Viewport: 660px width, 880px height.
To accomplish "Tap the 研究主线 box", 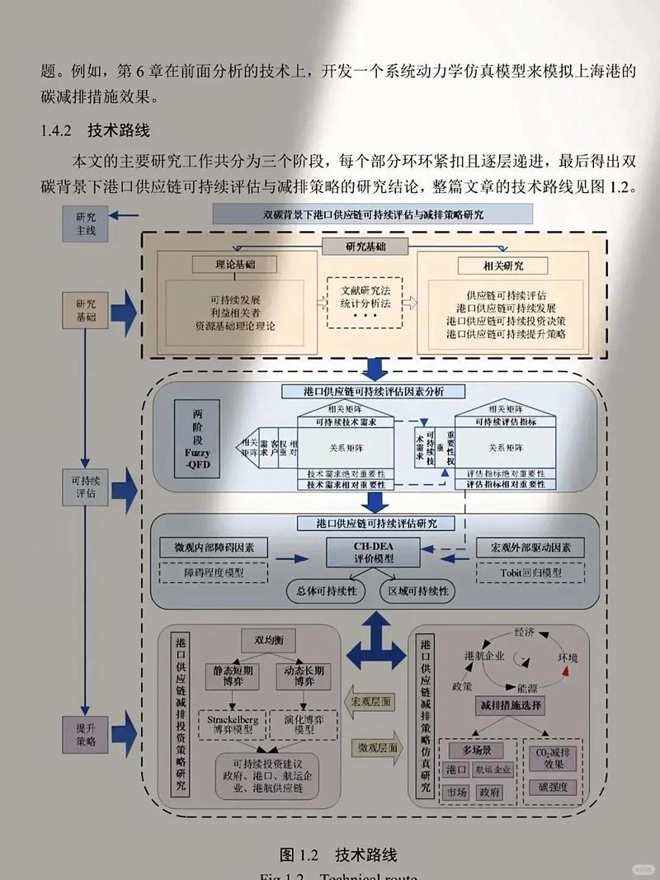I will tap(86, 224).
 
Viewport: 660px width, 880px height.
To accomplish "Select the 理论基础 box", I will tap(234, 265).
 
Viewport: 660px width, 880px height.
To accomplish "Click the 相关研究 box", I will tap(502, 266).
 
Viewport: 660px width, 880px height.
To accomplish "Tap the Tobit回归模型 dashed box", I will tap(530, 572).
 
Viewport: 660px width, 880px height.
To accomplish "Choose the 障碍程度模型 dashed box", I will tap(214, 572).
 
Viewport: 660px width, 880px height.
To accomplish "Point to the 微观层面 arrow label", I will tap(377, 748).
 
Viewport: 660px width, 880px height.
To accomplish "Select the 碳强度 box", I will tap(553, 787).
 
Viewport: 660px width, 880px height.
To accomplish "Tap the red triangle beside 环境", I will tap(566, 674).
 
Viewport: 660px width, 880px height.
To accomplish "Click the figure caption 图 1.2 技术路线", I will tap(338, 854).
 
